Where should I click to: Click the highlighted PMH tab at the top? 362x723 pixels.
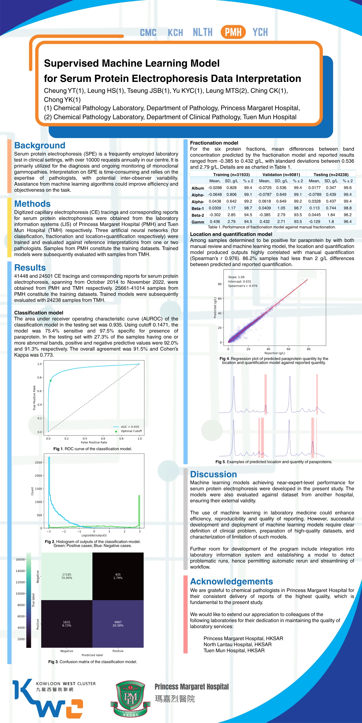click(x=233, y=32)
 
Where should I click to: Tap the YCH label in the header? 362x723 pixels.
click(x=260, y=32)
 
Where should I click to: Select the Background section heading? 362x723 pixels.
click(x=40, y=145)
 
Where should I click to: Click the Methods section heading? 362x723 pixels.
click(x=32, y=204)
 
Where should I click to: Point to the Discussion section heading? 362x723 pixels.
click(x=213, y=474)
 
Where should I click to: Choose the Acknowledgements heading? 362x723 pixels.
click(x=231, y=581)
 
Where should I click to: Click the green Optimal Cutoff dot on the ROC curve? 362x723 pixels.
click(x=51, y=381)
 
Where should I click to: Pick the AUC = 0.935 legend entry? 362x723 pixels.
click(x=130, y=427)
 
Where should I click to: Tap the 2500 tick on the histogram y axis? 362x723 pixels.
click(x=38, y=462)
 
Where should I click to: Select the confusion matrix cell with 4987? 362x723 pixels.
click(x=118, y=624)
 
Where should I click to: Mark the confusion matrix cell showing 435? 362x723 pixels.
click(x=118, y=576)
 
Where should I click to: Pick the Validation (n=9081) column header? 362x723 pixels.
click(x=281, y=175)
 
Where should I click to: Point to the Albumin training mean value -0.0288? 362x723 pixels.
click(x=215, y=188)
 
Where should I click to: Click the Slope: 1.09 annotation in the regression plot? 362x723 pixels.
click(x=236, y=277)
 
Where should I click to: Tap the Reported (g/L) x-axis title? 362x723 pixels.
click(x=275, y=353)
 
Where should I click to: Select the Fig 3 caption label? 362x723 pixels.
click(x=53, y=662)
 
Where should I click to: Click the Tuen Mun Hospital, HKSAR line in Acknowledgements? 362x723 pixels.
click(x=234, y=650)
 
